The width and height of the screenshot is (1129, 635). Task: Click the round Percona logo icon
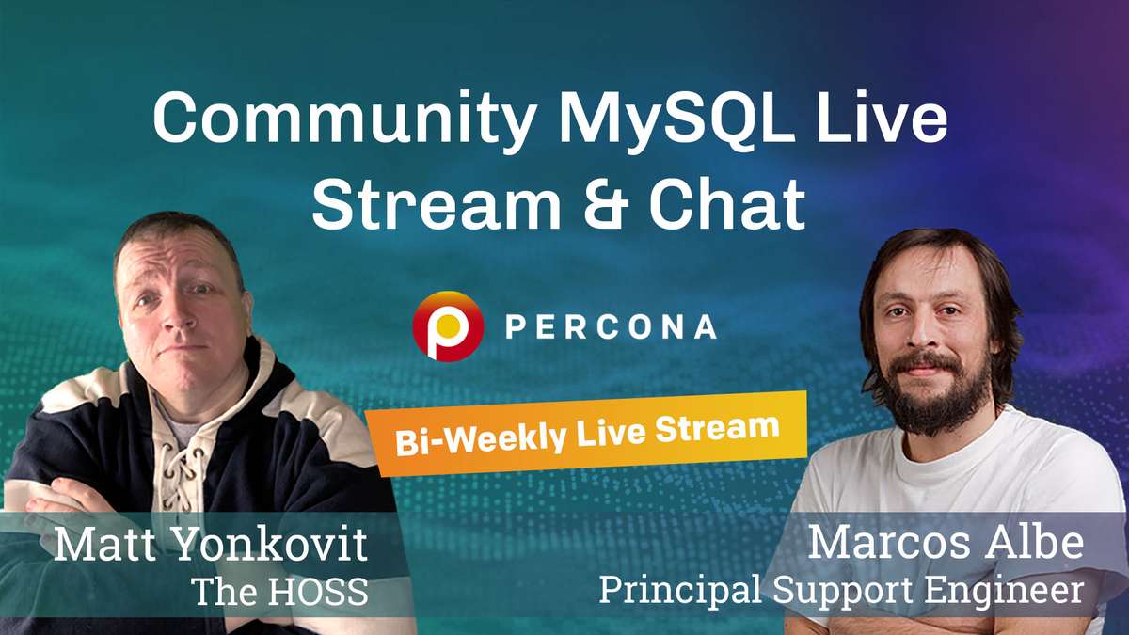(x=448, y=325)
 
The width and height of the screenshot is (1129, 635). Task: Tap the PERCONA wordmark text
(x=611, y=326)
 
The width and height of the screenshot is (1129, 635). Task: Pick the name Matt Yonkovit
(x=210, y=547)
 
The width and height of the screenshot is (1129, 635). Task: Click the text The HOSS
(x=278, y=592)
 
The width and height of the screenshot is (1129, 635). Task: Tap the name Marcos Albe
(x=946, y=544)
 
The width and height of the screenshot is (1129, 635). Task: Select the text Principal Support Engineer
(x=841, y=590)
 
